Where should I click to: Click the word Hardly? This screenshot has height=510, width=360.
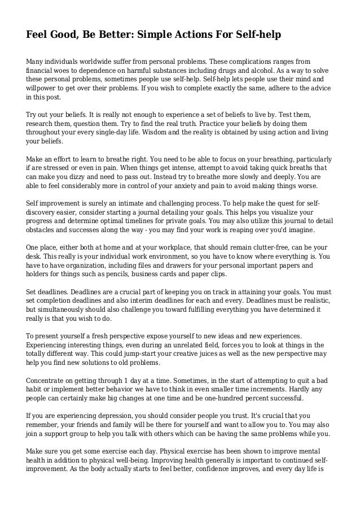pyautogui.click(x=305, y=388)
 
